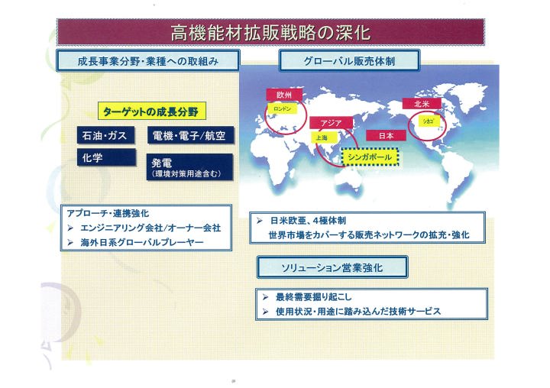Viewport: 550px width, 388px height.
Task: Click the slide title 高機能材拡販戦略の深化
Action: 270,32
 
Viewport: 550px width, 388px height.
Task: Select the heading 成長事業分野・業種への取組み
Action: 148,61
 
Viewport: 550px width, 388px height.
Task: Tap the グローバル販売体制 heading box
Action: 349,60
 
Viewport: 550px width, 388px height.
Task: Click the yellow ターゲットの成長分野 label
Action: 151,112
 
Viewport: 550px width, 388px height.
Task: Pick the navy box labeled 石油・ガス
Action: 105,135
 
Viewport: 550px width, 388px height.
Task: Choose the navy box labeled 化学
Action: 106,157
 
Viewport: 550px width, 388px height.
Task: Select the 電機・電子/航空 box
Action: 190,135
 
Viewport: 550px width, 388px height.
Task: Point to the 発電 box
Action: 189,167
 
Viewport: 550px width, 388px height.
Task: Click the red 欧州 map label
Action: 284,95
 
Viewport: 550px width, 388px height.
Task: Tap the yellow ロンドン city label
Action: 283,108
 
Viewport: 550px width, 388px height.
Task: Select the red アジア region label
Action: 331,123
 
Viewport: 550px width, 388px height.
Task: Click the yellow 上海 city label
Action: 322,137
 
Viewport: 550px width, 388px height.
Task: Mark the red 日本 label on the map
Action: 386,135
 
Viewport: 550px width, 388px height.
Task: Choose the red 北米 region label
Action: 421,103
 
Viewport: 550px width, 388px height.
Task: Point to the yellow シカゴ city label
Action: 429,121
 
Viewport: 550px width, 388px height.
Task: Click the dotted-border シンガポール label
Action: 370,157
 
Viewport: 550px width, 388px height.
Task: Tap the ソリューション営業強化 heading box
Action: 332,267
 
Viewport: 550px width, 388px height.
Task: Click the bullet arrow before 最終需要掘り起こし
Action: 265,297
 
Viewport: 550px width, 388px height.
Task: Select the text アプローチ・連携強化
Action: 108,213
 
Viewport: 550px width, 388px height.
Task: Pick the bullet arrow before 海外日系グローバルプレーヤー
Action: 70,242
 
